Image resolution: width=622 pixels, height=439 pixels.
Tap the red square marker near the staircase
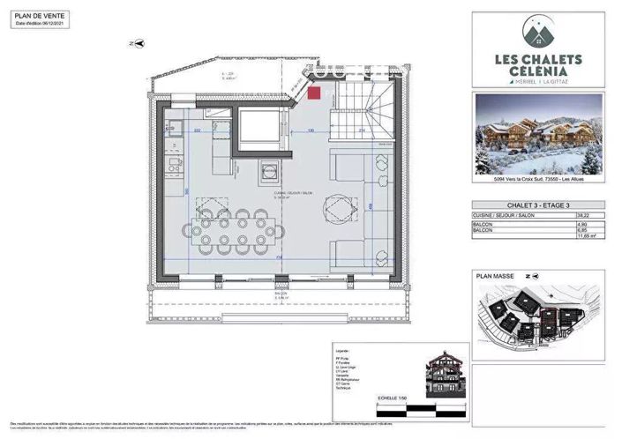(x=315, y=92)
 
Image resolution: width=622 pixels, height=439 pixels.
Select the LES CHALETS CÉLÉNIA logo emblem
(x=538, y=33)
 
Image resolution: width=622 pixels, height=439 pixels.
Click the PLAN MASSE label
(x=495, y=276)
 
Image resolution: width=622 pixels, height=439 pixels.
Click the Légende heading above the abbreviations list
(x=341, y=351)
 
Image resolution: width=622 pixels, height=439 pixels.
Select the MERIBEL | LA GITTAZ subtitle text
(x=538, y=82)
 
